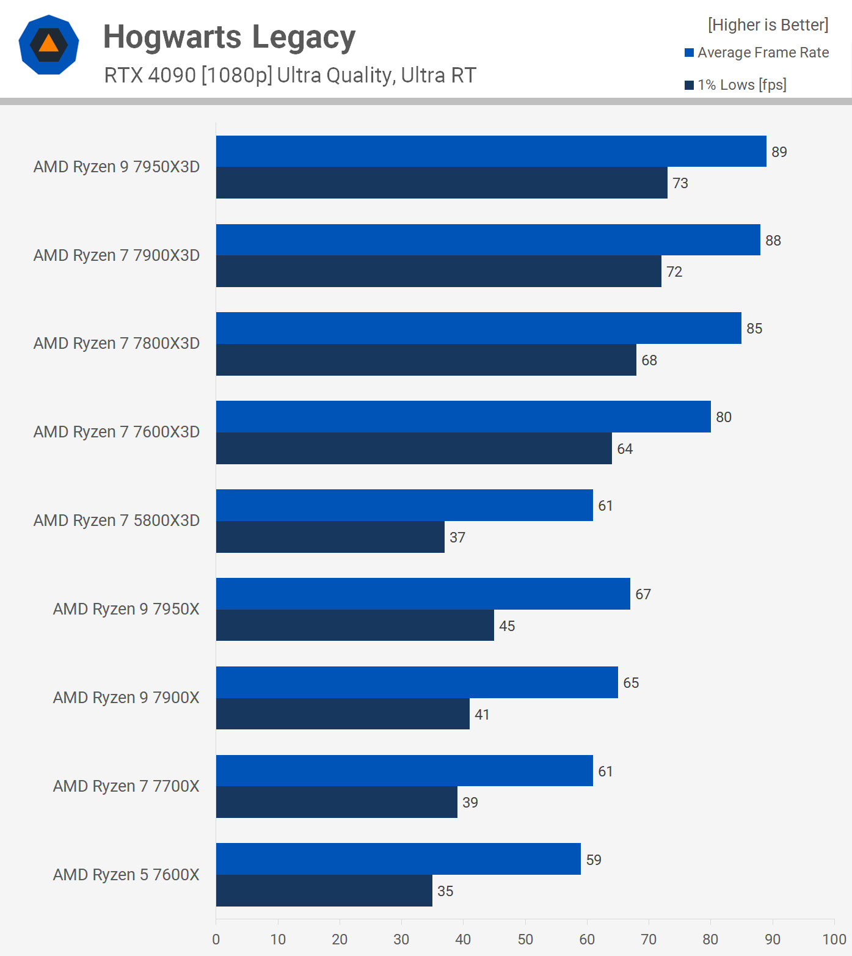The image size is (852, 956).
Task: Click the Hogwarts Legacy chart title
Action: pos(229,37)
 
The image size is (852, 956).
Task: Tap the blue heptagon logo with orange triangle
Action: pos(49,45)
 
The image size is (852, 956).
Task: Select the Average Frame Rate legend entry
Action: pos(757,53)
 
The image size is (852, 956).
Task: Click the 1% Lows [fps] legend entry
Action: pos(736,85)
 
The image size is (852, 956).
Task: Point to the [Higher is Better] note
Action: pos(768,25)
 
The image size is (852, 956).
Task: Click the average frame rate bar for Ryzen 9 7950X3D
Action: pos(491,151)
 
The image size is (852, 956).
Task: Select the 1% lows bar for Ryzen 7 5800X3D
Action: pos(330,537)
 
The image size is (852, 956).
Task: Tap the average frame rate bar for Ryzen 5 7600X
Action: pos(398,859)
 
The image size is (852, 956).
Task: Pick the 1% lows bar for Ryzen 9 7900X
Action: pos(343,713)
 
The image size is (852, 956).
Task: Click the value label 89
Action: pos(779,152)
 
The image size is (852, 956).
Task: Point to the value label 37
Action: pos(457,538)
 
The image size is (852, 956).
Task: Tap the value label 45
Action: pos(507,626)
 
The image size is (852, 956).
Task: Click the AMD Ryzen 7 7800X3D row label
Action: pos(117,343)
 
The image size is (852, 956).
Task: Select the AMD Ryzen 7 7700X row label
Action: pos(126,786)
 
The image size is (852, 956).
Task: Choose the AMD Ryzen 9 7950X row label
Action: pos(126,609)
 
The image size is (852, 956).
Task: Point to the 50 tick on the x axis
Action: pos(525,940)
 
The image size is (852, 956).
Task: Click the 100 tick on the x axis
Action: pos(834,940)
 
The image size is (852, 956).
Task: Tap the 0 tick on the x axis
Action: pos(216,940)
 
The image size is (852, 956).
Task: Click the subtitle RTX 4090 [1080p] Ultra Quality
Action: pos(290,75)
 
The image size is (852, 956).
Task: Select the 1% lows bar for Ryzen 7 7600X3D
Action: pos(414,448)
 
